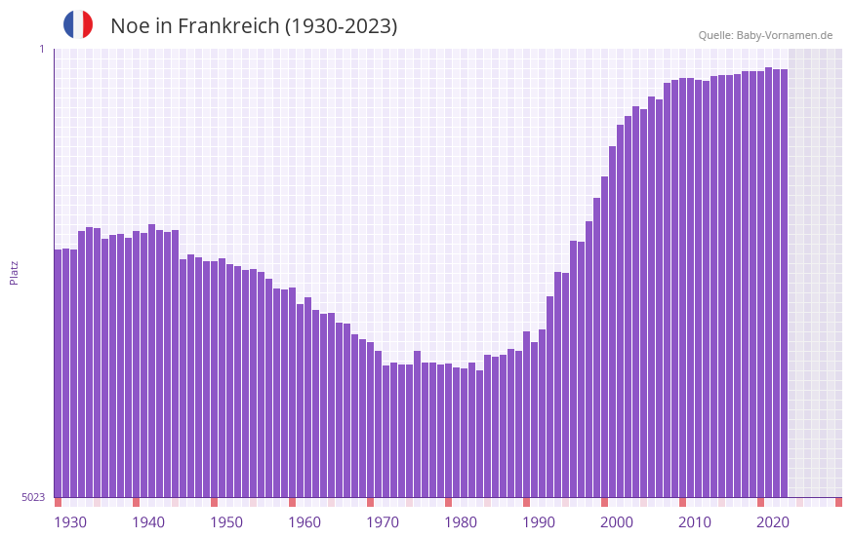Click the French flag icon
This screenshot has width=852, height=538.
pyautogui.click(x=78, y=24)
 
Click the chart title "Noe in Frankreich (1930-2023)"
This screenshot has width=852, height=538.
pyautogui.click(x=254, y=26)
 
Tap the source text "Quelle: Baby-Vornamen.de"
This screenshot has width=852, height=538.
pyautogui.click(x=765, y=35)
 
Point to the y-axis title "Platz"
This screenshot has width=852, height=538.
pyautogui.click(x=14, y=272)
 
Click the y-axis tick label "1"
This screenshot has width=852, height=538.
pyautogui.click(x=41, y=49)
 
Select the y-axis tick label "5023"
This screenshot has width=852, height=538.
pyautogui.click(x=33, y=497)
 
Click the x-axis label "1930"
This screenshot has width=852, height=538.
pyautogui.click(x=70, y=522)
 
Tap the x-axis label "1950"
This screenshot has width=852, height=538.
pyautogui.click(x=226, y=522)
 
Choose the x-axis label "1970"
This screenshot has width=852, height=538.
pyautogui.click(x=383, y=522)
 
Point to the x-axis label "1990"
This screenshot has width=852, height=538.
pyautogui.click(x=539, y=522)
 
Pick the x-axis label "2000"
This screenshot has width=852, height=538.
pyautogui.click(x=617, y=522)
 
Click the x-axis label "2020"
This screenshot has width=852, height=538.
pyautogui.click(x=773, y=522)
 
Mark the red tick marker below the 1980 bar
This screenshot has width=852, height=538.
pyautogui.click(x=449, y=502)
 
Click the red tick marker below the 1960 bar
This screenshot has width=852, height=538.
pyautogui.click(x=293, y=502)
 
